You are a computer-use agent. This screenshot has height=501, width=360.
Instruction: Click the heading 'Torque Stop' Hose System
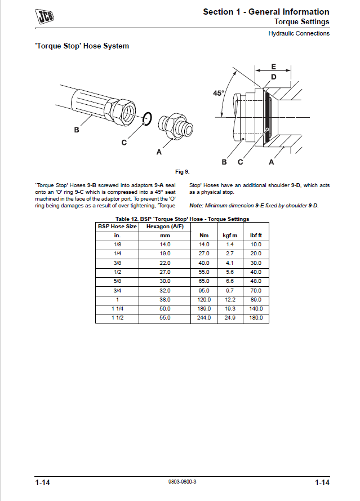pyautogui.click(x=82, y=46)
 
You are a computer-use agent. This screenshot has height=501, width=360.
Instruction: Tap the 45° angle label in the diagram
pyautogui.click(x=219, y=93)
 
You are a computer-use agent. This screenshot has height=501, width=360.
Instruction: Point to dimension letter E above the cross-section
pyautogui.click(x=273, y=66)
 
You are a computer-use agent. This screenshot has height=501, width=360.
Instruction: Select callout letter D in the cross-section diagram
pyautogui.click(x=273, y=77)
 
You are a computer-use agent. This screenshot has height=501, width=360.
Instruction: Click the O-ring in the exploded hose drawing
pyautogui.click(x=147, y=118)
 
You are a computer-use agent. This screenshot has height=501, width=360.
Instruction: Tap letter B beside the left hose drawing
pyautogui.click(x=77, y=130)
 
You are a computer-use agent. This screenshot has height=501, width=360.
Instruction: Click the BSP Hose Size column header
pyautogui.click(x=117, y=226)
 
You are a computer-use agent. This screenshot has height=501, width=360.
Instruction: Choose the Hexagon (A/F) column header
pyautogui.click(x=165, y=226)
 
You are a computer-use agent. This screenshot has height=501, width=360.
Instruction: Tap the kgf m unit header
pyautogui.click(x=230, y=235)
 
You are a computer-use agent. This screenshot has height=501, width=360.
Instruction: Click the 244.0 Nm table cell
pyautogui.click(x=204, y=318)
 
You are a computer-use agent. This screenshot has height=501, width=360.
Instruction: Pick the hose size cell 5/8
pyautogui.click(x=117, y=281)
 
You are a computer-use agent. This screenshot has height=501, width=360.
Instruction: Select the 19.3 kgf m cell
pyautogui.click(x=230, y=309)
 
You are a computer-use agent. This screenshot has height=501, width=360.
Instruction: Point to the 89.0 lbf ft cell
pyautogui.click(x=256, y=300)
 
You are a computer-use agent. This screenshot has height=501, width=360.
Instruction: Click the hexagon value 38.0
pyautogui.click(x=165, y=300)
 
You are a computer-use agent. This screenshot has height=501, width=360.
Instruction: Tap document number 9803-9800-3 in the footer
pyautogui.click(x=183, y=483)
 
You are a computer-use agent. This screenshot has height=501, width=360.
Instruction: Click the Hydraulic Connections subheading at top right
pyautogui.click(x=299, y=33)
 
